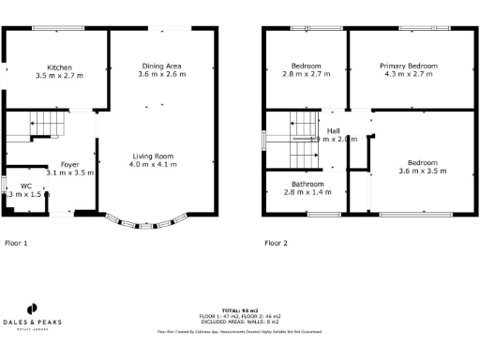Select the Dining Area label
(160, 66)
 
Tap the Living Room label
(152, 156)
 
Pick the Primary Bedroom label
(408, 66)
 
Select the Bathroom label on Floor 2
(307, 183)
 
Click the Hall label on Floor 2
(333, 130)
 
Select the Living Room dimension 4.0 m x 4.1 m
(152, 164)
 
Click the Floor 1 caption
(17, 243)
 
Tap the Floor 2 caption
(277, 243)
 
